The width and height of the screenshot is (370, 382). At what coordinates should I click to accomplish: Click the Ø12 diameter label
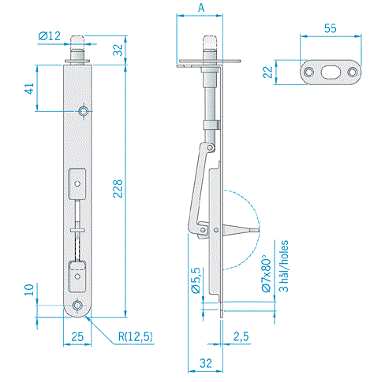click(50, 36)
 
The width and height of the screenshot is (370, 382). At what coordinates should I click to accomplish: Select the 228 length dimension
click(118, 188)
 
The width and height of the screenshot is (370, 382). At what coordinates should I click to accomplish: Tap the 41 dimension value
click(29, 88)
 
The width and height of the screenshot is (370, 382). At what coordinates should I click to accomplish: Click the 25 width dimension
click(77, 336)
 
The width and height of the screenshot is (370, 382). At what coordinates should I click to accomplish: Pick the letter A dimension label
click(201, 8)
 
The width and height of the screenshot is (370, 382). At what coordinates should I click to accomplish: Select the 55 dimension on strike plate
click(330, 28)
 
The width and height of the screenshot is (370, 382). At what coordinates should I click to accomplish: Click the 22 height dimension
click(268, 72)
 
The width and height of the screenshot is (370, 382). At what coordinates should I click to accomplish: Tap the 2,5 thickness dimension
click(241, 336)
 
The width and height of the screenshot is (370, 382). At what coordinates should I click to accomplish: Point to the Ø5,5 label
click(196, 280)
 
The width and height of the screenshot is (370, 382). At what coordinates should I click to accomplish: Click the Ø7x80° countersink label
click(266, 273)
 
